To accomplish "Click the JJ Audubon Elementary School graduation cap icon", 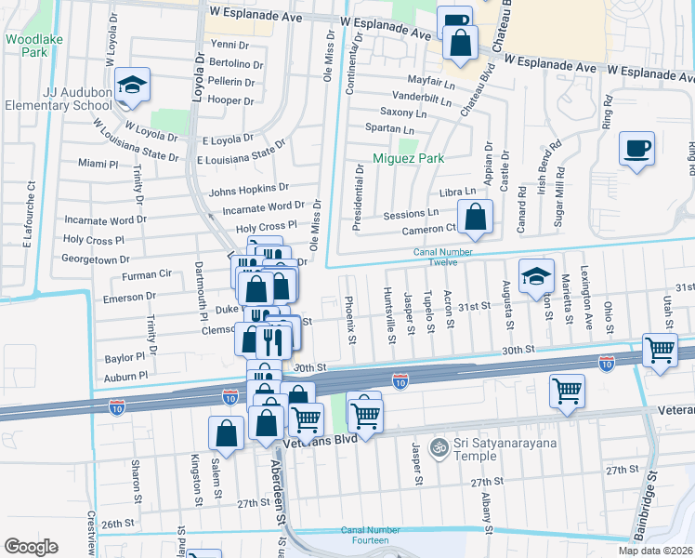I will (x=134, y=86).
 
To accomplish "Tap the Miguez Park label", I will (x=409, y=158).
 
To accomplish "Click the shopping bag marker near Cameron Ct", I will (x=475, y=219).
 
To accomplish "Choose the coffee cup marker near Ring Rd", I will (x=636, y=149).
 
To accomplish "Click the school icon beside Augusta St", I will (x=535, y=276).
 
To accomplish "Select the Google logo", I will (x=31, y=547).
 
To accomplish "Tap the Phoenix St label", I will (x=350, y=318).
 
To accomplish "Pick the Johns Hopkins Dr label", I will (x=249, y=190).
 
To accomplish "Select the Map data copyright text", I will (x=655, y=551).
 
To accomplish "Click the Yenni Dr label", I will (x=230, y=44).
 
